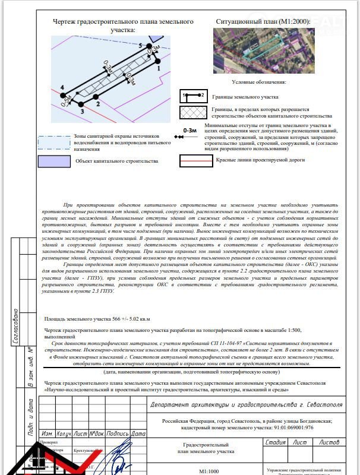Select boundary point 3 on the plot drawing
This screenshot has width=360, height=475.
tap(81, 104)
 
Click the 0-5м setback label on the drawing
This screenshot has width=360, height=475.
tap(66, 101)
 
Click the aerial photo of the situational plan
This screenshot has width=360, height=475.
tap(264, 52)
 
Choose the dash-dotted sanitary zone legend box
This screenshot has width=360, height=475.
tap(52, 142)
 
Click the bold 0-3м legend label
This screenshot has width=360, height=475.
tap(190, 129)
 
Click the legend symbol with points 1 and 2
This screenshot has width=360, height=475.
tap(192, 95)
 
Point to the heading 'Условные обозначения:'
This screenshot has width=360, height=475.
tap(259, 82)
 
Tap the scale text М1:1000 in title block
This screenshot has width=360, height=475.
tap(207, 471)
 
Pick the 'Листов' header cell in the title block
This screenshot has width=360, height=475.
tap(330, 442)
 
